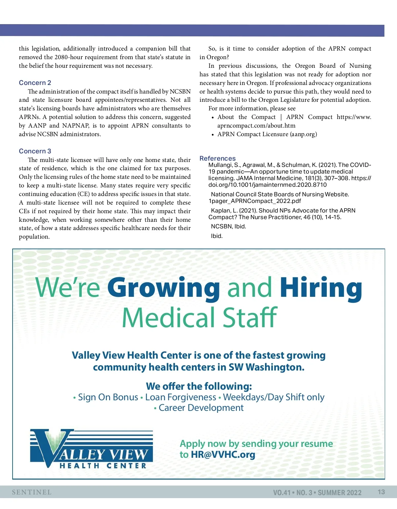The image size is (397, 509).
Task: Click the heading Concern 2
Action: click(x=35, y=83)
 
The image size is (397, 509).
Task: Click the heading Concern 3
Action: click(x=35, y=151)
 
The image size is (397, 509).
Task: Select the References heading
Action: click(x=217, y=158)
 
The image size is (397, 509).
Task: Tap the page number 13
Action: click(x=381, y=492)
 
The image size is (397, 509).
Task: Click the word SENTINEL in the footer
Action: click(x=32, y=492)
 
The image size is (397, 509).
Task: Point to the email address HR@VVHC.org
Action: click(x=223, y=454)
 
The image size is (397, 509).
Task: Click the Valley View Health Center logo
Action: click(x=91, y=449)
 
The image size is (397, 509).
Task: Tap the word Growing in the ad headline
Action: click(x=163, y=288)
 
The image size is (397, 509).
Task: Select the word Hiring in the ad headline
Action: click(x=321, y=288)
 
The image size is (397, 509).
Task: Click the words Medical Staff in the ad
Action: click(x=199, y=318)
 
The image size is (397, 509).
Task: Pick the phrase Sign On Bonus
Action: click(x=108, y=397)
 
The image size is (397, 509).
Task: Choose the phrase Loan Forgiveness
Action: click(x=181, y=397)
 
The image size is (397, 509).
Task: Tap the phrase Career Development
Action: click(x=201, y=408)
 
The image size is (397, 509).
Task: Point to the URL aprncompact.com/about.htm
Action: click(x=256, y=126)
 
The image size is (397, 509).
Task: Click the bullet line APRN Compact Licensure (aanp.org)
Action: click(x=267, y=134)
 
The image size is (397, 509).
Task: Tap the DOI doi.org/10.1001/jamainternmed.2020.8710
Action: click(x=267, y=185)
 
